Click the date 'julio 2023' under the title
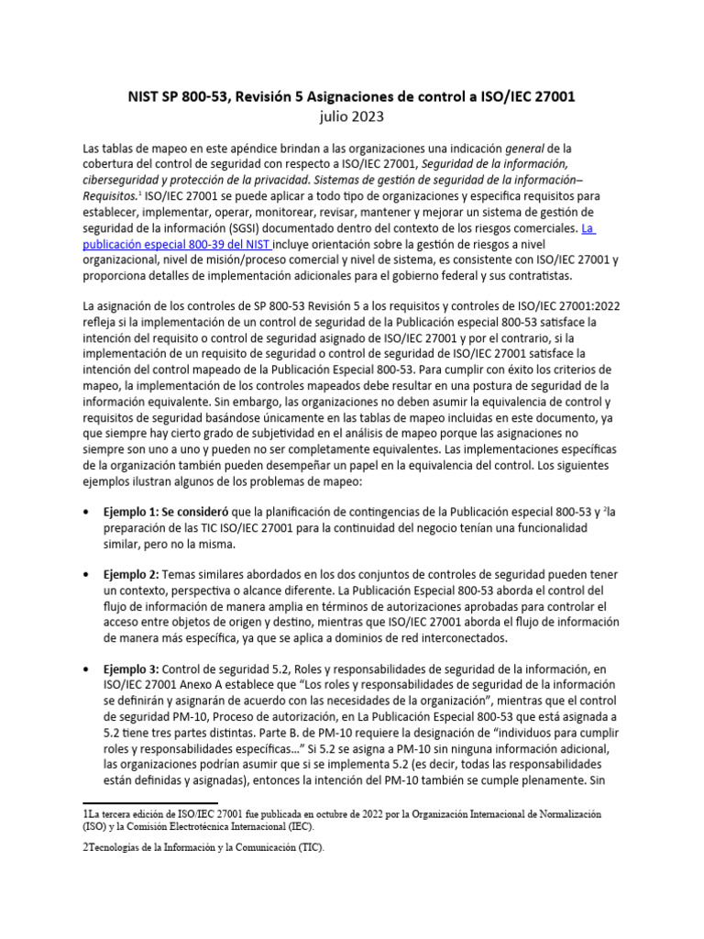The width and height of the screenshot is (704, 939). coord(351,116)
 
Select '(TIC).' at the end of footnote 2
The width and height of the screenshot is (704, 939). coord(308,848)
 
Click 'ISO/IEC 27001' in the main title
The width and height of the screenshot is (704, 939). coord(526,95)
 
